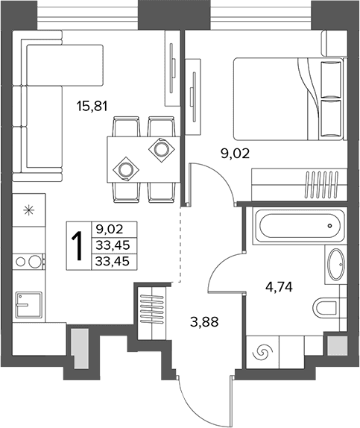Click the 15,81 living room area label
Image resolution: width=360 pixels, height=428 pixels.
pyautogui.click(x=92, y=106)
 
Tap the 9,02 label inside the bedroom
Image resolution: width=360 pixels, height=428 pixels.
pyautogui.click(x=235, y=154)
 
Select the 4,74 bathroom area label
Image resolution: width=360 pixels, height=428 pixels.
pyautogui.click(x=279, y=287)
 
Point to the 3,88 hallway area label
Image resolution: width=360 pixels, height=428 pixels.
pyautogui.click(x=204, y=322)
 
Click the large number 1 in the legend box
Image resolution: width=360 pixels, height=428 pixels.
pyautogui.click(x=78, y=245)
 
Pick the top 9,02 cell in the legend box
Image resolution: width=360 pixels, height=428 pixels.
pyautogui.click(x=110, y=229)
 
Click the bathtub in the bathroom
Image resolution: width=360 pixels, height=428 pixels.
pyautogui.click(x=300, y=226)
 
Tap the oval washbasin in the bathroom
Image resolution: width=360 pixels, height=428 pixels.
pyautogui.click(x=335, y=264)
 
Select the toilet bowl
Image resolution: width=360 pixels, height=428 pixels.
pyautogui.click(x=326, y=309)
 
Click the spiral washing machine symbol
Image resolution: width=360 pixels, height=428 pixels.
pyautogui.click(x=262, y=352)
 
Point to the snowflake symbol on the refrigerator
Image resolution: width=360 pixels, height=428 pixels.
pyautogui.click(x=28, y=210)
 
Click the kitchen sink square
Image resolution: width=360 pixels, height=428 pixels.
pyautogui.click(x=28, y=305)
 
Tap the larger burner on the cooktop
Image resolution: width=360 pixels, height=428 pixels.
pyautogui.click(x=35, y=262)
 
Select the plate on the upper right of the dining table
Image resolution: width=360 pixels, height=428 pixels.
pyautogui.click(x=161, y=149)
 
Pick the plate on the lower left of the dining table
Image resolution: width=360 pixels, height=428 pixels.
pyautogui.click(x=126, y=169)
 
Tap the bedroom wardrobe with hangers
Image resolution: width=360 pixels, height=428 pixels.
pyautogui.click(x=299, y=185)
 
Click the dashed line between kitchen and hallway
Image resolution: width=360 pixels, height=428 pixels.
pyautogui.click(x=180, y=245)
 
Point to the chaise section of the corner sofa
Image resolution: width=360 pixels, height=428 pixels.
pyautogui.click(x=65, y=65)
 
